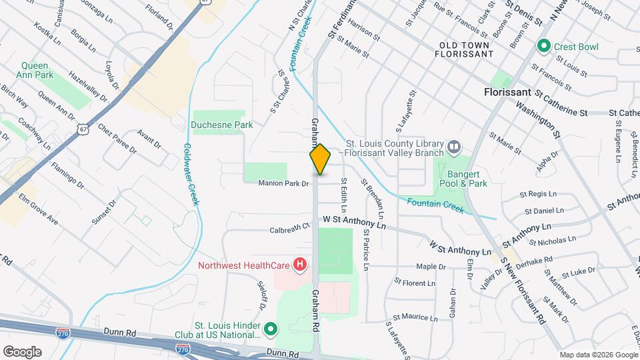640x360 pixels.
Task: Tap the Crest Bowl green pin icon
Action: (543, 47)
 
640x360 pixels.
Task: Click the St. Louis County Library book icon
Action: (454, 145)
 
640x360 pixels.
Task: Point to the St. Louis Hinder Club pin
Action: (271, 328)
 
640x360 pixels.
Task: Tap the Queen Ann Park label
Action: (37, 70)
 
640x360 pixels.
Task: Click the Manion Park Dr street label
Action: (285, 183)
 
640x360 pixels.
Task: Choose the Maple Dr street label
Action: (431, 267)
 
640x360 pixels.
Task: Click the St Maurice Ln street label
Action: (415, 317)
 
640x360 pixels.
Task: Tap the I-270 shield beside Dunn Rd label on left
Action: (63, 332)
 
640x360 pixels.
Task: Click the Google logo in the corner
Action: (22, 351)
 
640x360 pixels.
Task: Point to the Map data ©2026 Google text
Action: (598, 355)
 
